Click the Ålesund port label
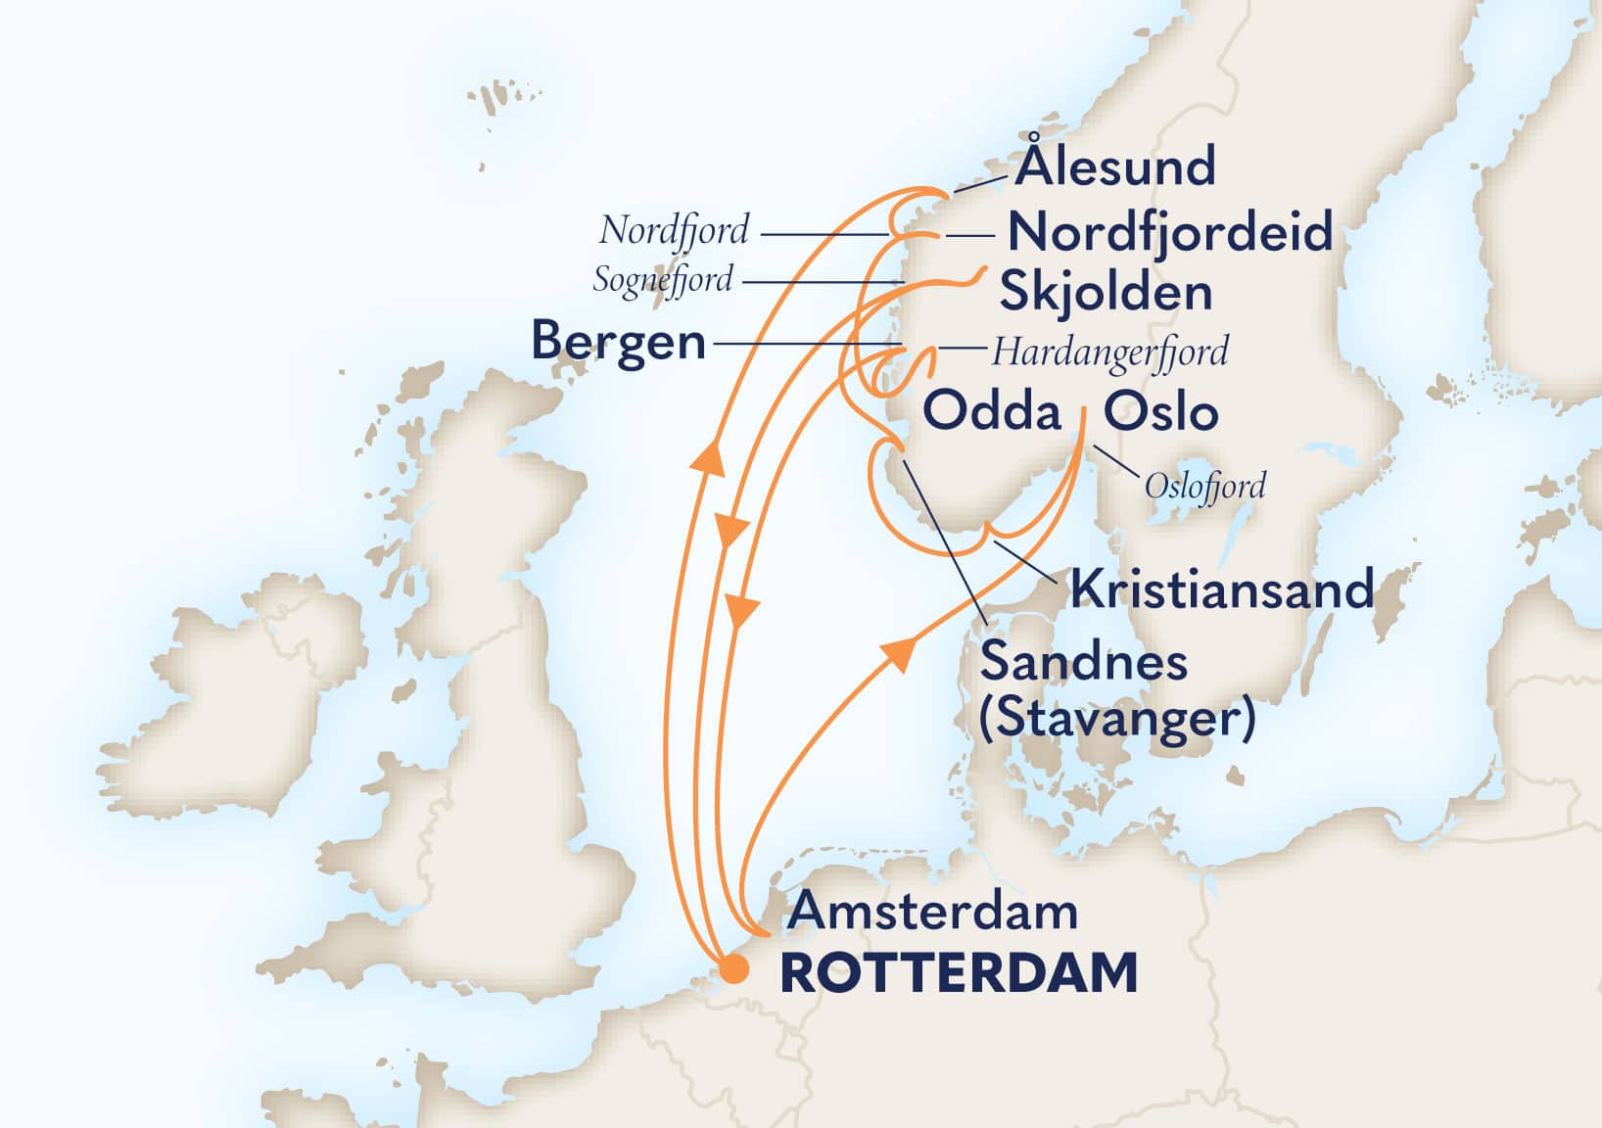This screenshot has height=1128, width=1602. pos(1115,167)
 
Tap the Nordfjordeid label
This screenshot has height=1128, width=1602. pos(1170,233)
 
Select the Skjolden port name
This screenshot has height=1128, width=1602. pos(1106,292)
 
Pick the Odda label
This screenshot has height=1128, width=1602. pos(992,411)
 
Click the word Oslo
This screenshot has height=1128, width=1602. pos(1160,411)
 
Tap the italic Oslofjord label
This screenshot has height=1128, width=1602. pos(1204,486)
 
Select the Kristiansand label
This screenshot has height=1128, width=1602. pos(1221,589)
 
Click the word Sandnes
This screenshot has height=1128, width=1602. pos(1083,662)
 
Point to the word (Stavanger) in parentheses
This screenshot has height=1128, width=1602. pos(1116,720)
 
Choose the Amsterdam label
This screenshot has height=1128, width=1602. pos(933,912)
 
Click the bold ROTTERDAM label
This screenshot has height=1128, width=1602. pos(959,973)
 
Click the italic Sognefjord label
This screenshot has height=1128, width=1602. pos(663,280)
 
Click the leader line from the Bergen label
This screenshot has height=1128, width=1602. pos(803,344)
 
